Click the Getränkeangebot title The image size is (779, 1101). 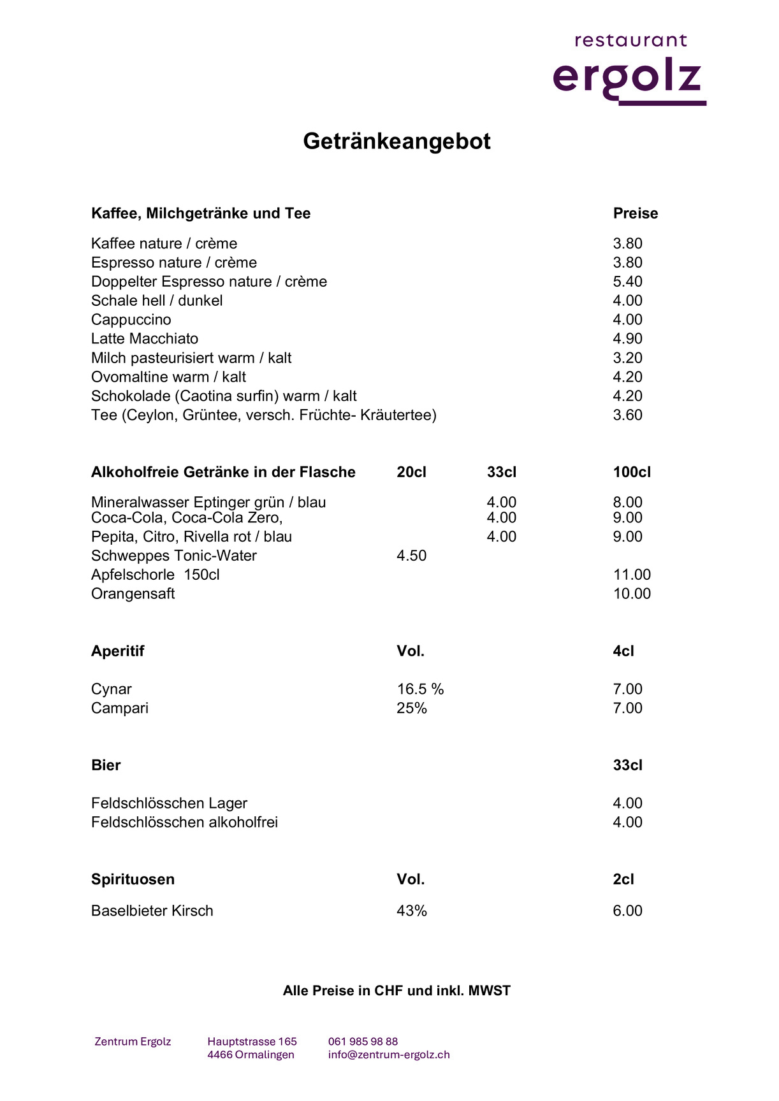tap(397, 141)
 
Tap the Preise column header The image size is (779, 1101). tap(635, 213)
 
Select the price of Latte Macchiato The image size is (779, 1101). tap(627, 338)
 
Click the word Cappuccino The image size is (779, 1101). tap(131, 319)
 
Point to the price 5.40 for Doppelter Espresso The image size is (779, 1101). tap(627, 282)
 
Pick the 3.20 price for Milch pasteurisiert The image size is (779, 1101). tap(627, 357)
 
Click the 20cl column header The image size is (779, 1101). tap(411, 472)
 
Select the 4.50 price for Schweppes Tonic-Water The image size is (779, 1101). tap(411, 556)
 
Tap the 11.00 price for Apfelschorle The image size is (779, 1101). tap(632, 575)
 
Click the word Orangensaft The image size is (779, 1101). tap(133, 594)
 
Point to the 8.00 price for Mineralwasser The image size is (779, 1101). tap(627, 502)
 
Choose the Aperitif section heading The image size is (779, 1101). tap(117, 651)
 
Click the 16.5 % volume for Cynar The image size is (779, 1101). tap(420, 689)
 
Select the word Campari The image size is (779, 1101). tap(119, 708)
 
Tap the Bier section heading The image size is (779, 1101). tap(106, 765)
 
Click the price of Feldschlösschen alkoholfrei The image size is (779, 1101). tap(627, 822)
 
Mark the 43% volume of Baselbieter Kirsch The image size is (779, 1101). tap(411, 910)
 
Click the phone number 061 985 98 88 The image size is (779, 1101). tap(363, 1042)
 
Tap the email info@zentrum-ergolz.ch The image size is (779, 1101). tap(389, 1054)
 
